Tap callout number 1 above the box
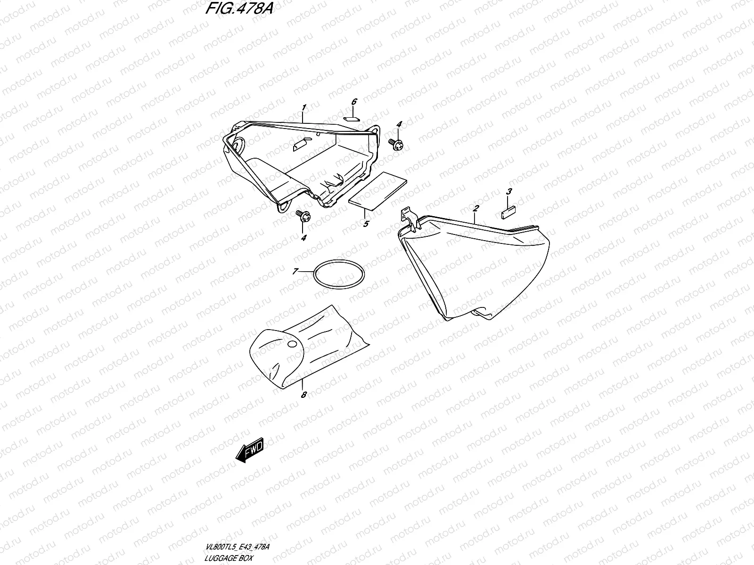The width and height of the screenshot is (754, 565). [304, 108]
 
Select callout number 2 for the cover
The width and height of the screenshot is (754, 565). [476, 208]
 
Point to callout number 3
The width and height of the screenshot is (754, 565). [509, 192]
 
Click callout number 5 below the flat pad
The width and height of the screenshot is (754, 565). [366, 225]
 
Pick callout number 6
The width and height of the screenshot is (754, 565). [354, 102]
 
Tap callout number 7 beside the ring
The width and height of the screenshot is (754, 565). [295, 271]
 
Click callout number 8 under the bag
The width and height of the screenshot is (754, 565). [303, 395]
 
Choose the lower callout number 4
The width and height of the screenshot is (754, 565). [303, 238]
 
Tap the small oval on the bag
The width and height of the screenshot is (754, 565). [292, 345]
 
